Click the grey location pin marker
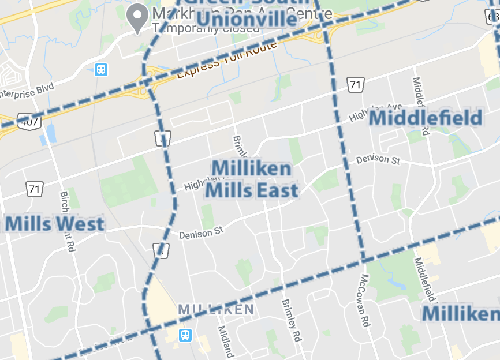tap(137, 17)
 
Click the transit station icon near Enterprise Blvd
tap(101, 70)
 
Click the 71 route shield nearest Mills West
tap(35, 188)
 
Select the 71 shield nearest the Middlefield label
tap(356, 85)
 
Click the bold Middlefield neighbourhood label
tap(425, 118)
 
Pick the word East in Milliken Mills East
tap(279, 190)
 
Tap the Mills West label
tap(55, 224)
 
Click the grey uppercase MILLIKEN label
tap(216, 310)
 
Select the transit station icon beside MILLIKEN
tap(185, 335)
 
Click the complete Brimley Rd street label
tap(292, 320)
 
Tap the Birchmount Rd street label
tap(68, 221)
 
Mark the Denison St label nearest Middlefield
tap(378, 159)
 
